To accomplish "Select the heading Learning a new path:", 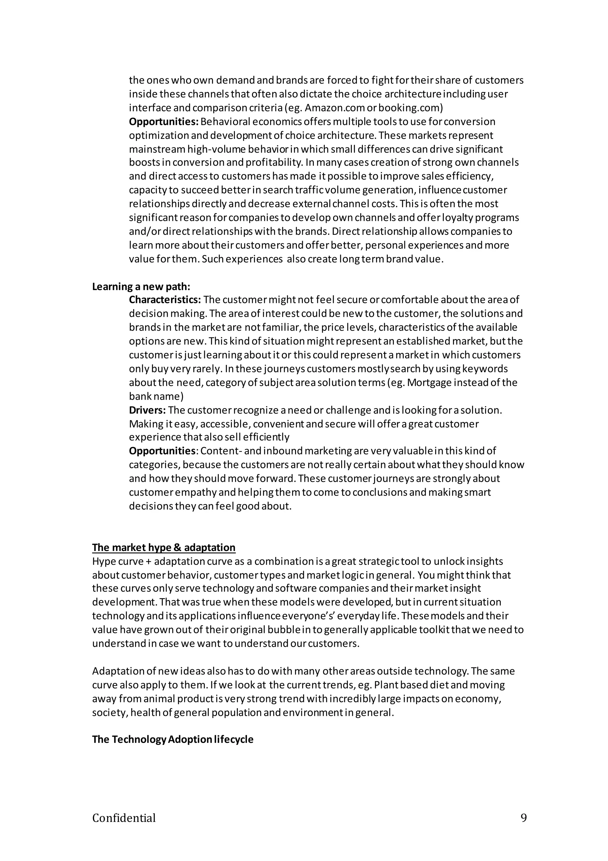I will click(x=141, y=287).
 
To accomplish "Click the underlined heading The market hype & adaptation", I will click(x=164, y=547).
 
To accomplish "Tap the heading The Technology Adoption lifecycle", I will click(x=172, y=740).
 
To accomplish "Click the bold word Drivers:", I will click(x=147, y=410).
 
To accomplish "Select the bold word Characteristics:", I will click(x=165, y=300).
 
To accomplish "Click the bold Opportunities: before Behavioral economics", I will click(x=164, y=121).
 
